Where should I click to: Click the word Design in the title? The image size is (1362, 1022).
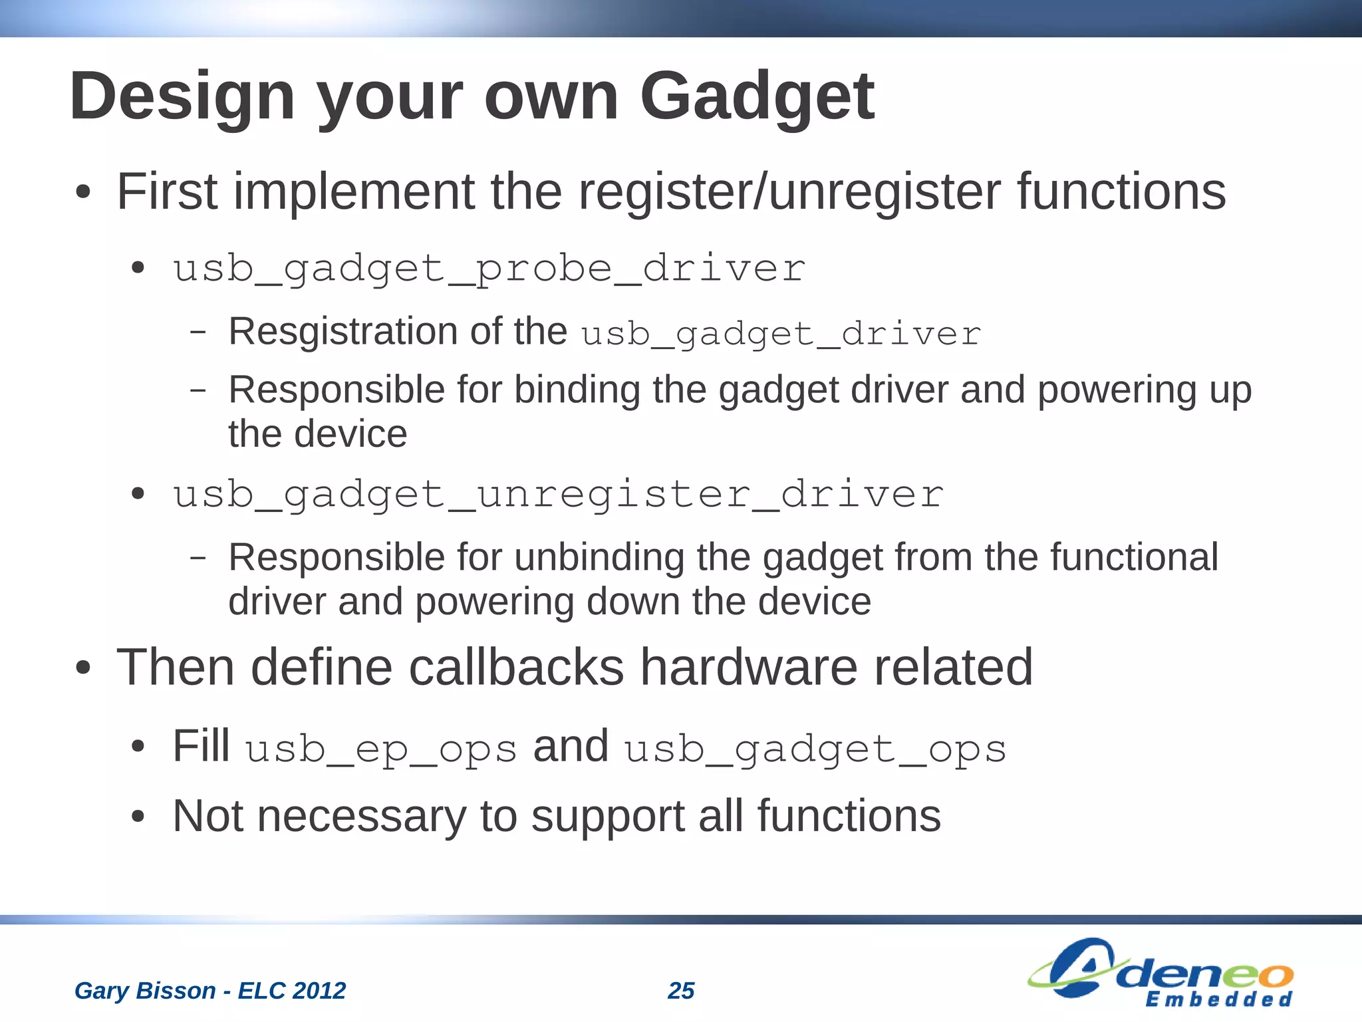pos(182,98)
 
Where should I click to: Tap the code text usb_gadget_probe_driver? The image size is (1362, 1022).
pos(489,269)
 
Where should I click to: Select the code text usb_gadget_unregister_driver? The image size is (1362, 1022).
pos(558,495)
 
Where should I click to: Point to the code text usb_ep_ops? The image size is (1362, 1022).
pos(381,749)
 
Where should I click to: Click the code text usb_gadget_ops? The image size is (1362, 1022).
pos(815,749)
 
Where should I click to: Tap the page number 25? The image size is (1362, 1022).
pos(681,991)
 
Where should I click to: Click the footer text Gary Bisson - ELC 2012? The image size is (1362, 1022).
pos(210,991)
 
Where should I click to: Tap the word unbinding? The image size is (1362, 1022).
pos(599,557)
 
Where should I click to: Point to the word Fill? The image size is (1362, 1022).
pos(201,746)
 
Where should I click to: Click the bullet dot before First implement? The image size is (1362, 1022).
pos(82,193)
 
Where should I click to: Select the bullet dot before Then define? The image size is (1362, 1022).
pos(82,669)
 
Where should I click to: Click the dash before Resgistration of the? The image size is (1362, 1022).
pos(198,332)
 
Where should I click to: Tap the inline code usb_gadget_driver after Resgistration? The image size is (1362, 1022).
pos(781,334)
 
